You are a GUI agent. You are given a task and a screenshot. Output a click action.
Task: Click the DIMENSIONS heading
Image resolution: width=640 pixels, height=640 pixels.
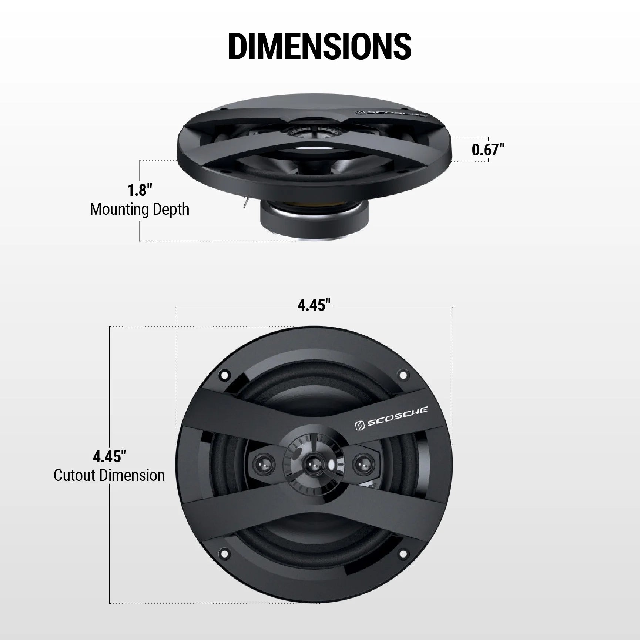319,46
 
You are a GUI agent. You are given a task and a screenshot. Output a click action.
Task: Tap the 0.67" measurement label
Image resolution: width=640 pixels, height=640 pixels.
488,150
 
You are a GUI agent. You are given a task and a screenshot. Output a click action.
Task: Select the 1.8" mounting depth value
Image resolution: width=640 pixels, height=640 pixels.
140,191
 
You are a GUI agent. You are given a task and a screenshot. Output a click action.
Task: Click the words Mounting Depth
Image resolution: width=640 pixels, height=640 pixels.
140,210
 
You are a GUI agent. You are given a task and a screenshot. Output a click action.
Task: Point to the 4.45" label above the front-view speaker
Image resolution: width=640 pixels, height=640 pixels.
314,306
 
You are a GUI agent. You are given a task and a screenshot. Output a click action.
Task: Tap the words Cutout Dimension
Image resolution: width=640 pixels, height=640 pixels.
109,476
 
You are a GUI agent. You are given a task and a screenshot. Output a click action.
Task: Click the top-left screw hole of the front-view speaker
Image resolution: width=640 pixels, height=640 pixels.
224,376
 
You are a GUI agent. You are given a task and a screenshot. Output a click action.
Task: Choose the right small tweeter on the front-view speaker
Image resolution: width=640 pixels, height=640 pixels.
361,463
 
